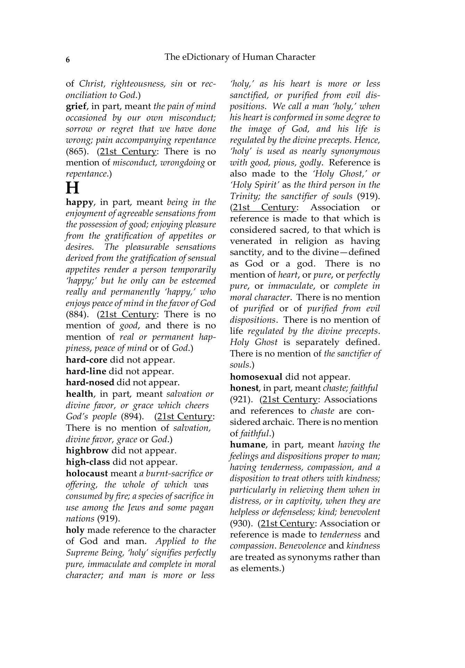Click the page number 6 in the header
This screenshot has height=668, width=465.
[x=68, y=60]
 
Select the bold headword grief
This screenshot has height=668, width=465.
[x=76, y=106]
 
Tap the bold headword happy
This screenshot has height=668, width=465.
[x=80, y=202]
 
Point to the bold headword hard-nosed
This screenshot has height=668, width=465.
[x=90, y=382]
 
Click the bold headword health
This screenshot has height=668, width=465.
[x=80, y=394]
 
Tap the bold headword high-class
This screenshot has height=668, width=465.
[x=88, y=462]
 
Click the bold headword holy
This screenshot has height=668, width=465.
[x=75, y=530]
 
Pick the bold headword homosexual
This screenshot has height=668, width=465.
[x=256, y=377]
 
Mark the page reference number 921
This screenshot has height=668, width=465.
[x=239, y=399]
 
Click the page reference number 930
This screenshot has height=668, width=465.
[x=239, y=523]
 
